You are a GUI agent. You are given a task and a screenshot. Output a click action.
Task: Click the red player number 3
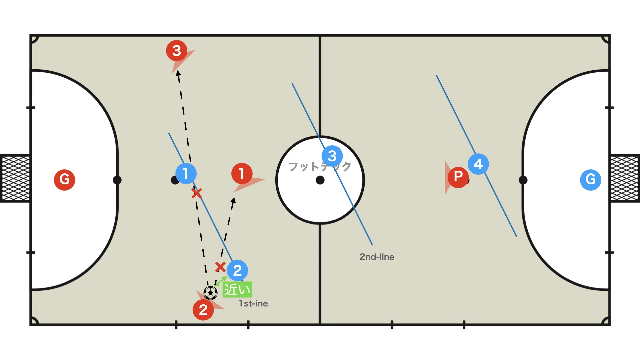177,51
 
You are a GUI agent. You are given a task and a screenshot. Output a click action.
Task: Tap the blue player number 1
186,173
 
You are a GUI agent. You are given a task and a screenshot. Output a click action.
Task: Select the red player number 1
242,173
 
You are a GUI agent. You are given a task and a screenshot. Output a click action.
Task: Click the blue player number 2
237,270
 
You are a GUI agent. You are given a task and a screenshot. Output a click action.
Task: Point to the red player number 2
203,310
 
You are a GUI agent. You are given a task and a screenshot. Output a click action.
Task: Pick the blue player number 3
332,156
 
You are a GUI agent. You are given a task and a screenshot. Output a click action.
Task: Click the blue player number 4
478,164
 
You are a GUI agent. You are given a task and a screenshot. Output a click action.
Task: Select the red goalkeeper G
64,180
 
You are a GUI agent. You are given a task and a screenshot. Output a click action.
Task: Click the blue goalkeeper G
591,180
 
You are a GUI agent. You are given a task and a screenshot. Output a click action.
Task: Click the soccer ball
211,293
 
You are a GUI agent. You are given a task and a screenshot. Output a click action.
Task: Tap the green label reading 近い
237,289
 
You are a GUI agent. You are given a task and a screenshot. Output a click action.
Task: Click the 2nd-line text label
377,257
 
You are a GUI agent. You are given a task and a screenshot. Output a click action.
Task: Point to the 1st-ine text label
253,303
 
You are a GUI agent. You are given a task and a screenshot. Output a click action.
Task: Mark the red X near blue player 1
197,193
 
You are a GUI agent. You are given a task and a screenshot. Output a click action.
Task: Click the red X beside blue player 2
220,267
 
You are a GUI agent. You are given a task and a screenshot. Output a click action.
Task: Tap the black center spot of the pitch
320,180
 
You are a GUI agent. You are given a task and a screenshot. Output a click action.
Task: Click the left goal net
15,178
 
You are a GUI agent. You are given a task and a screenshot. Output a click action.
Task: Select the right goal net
625,178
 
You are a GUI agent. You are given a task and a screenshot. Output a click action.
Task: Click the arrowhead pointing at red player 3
178,74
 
